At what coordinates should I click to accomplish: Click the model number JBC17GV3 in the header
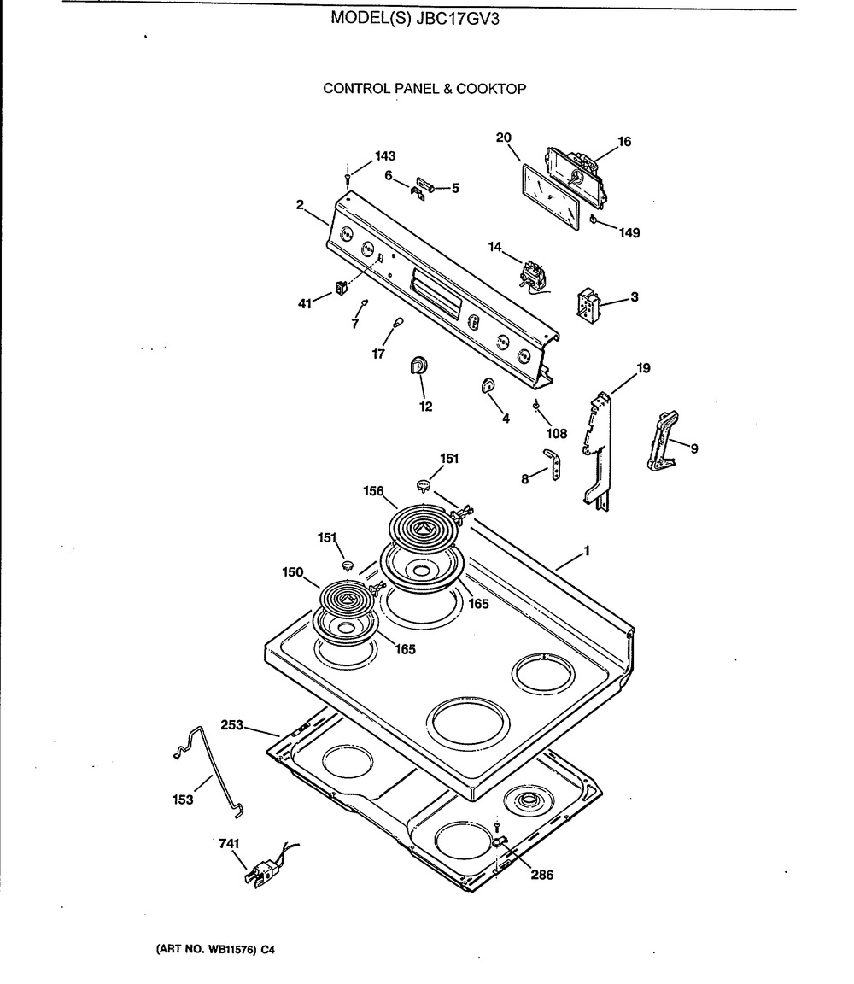pyautogui.click(x=458, y=19)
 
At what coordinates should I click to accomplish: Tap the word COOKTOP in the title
pyautogui.click(x=491, y=89)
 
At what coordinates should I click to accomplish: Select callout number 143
pyautogui.click(x=385, y=155)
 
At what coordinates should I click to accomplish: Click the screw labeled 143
pyautogui.click(x=348, y=176)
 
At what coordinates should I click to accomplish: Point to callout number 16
pyautogui.click(x=624, y=141)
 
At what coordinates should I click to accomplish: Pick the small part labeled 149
pyautogui.click(x=593, y=219)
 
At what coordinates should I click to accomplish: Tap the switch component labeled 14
pyautogui.click(x=534, y=276)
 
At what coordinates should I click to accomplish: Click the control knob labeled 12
pyautogui.click(x=418, y=366)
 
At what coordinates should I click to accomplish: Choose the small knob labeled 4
pyautogui.click(x=487, y=384)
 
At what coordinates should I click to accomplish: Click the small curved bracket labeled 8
pyautogui.click(x=553, y=464)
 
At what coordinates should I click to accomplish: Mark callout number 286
pyautogui.click(x=542, y=874)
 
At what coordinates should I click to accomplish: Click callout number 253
pyautogui.click(x=231, y=725)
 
